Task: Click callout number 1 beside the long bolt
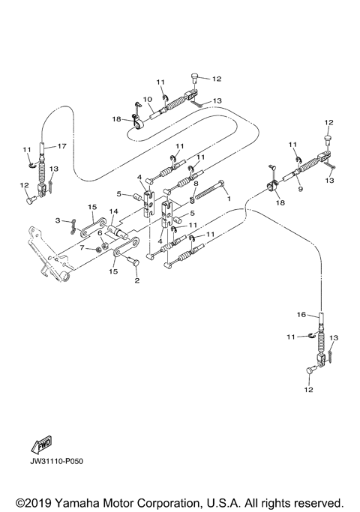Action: pyautogui.click(x=229, y=200)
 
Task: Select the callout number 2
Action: pyautogui.click(x=136, y=281)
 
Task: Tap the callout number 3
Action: pyautogui.click(x=58, y=220)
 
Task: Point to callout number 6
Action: pyautogui.click(x=99, y=233)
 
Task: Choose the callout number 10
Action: pyautogui.click(x=147, y=99)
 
